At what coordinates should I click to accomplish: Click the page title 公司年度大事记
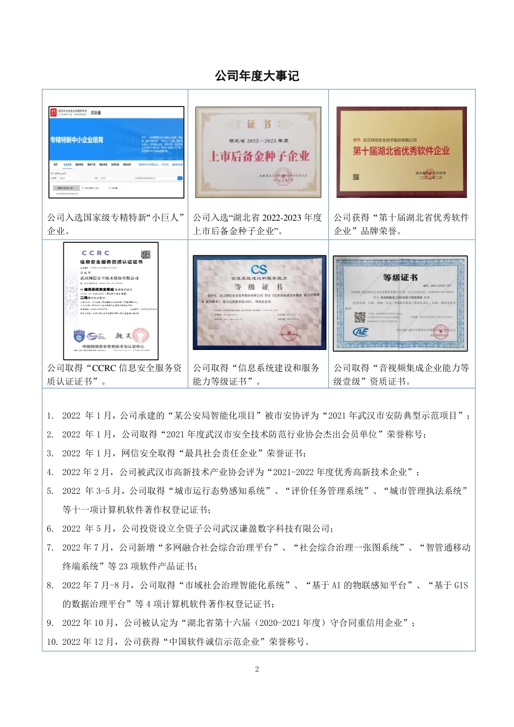tap(257, 76)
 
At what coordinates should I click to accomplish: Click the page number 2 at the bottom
tap(257, 669)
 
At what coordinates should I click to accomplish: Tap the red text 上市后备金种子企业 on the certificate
tap(259, 156)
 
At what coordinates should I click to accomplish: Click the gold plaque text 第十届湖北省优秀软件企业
tap(401, 151)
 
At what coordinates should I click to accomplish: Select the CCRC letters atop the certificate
tap(96, 253)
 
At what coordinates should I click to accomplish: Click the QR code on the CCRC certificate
tap(145, 255)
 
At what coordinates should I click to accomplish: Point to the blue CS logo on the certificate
tap(259, 269)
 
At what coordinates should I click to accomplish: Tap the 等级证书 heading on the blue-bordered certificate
tap(400, 277)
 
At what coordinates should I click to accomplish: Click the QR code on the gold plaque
tap(357, 176)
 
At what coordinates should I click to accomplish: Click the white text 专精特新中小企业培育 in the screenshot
tap(77, 140)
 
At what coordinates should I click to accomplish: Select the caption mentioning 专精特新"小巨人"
tap(115, 224)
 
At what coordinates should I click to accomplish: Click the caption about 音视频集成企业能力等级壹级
tap(401, 374)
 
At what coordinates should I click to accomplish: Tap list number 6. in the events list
tap(50, 528)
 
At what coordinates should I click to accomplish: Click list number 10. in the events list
tap(52, 642)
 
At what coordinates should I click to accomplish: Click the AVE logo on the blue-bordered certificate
tap(360, 332)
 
